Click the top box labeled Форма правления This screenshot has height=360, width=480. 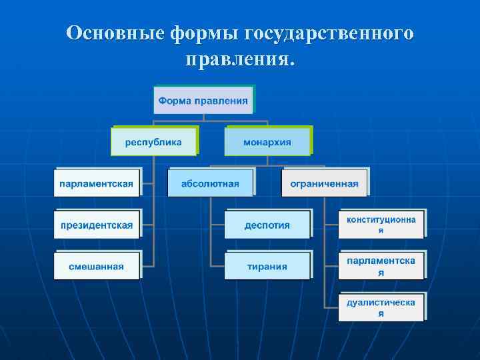[203, 101]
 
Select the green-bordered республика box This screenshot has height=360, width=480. [155, 142]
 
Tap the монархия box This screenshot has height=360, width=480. [267, 142]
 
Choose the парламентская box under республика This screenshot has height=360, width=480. [97, 183]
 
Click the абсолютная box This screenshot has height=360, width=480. [210, 183]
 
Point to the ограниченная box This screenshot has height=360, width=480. [324, 183]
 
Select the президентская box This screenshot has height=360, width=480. [97, 225]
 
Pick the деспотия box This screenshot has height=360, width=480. [267, 225]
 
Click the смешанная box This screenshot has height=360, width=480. [97, 267]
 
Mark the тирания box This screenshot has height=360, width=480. [267, 267]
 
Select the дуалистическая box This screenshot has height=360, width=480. [381, 307]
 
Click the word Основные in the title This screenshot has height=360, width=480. [115, 33]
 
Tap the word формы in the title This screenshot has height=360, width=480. [203, 33]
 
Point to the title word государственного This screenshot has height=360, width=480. [329, 33]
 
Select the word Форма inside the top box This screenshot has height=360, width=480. [175, 101]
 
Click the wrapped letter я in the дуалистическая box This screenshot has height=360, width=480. [381, 313]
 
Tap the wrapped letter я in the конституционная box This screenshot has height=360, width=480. [381, 231]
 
